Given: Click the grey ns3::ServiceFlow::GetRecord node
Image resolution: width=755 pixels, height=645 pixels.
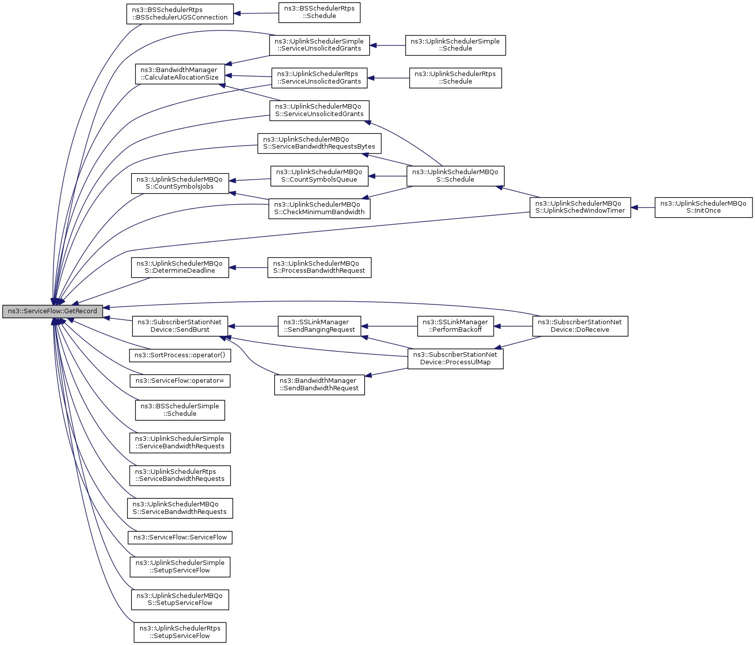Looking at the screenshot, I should click(53, 311).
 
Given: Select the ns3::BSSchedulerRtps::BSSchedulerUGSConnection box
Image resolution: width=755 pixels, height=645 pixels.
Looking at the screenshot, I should click(180, 14).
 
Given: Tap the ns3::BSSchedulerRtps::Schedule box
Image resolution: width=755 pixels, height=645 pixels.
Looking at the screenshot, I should click(319, 13).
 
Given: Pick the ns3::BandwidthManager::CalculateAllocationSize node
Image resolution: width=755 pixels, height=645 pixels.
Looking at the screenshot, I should click(179, 74).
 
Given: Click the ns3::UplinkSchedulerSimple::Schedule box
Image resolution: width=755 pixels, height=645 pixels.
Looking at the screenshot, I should click(455, 45).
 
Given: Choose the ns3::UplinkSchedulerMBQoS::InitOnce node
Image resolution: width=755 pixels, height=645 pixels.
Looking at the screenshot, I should click(703, 207).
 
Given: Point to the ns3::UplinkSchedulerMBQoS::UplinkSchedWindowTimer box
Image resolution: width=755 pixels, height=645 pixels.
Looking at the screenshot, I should click(580, 207).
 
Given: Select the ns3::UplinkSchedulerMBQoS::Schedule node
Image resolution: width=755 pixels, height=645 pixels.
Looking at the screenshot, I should click(455, 176).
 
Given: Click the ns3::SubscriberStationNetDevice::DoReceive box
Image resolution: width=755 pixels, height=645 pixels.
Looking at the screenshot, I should click(580, 326).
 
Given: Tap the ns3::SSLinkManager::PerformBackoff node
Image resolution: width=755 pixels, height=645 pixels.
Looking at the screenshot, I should click(455, 326).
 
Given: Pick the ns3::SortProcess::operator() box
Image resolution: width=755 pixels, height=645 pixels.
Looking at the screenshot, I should click(180, 355).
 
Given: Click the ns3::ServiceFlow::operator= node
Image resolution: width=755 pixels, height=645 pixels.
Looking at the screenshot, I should click(180, 381).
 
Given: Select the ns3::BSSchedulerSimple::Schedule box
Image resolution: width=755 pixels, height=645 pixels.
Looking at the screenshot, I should click(180, 410).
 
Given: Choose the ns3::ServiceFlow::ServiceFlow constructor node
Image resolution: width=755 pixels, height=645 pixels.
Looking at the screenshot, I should click(180, 537).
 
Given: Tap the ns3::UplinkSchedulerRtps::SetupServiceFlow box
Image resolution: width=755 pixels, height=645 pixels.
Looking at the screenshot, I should click(180, 632).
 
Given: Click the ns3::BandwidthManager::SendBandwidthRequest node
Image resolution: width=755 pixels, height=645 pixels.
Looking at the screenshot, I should click(319, 384).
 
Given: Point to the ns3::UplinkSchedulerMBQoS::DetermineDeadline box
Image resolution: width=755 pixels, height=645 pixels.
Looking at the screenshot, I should click(180, 267).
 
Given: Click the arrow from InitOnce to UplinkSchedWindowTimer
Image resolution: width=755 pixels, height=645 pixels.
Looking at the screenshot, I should click(643, 207).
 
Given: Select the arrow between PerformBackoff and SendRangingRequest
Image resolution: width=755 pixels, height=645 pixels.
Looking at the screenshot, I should click(389, 326).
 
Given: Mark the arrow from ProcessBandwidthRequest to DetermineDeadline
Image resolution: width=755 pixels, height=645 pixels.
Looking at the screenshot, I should click(248, 267).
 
